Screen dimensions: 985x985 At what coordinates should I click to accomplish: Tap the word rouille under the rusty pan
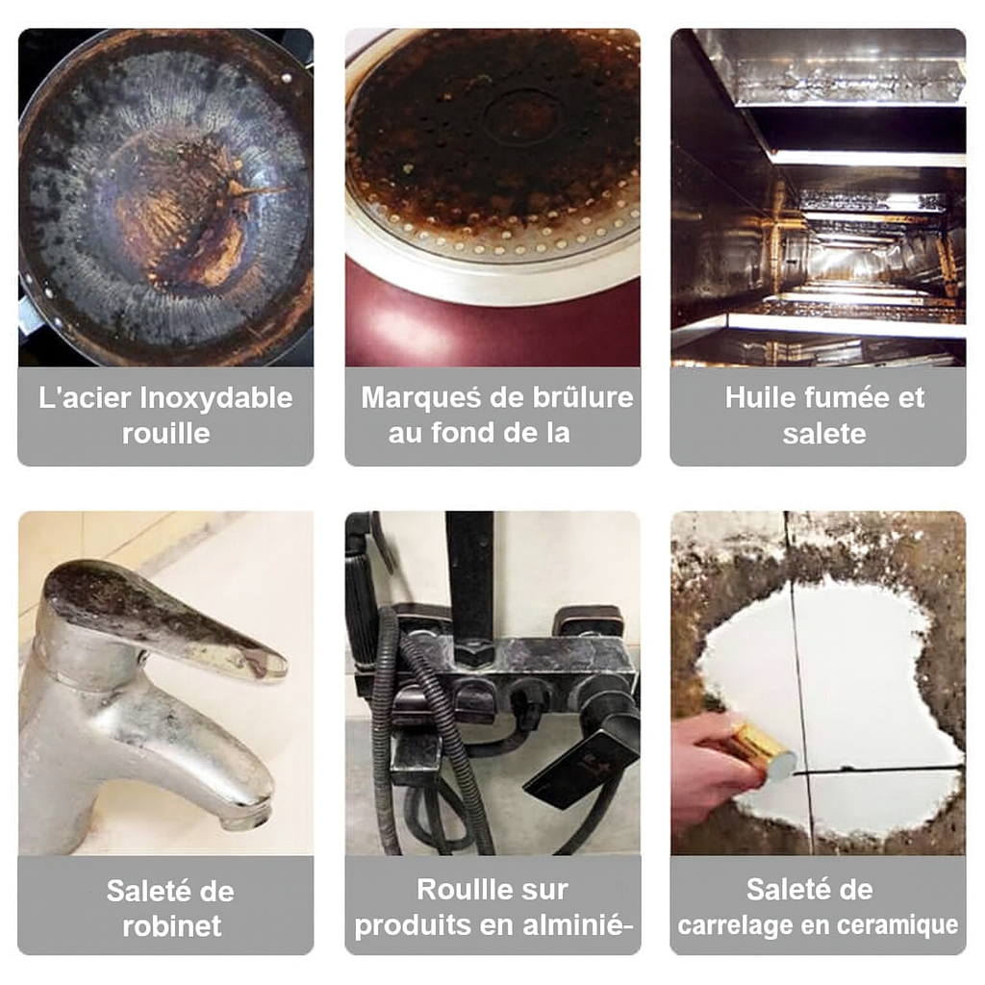pos(165,434)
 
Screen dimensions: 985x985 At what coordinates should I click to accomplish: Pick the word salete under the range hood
pos(824,434)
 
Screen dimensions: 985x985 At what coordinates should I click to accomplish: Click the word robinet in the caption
pos(171,926)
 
